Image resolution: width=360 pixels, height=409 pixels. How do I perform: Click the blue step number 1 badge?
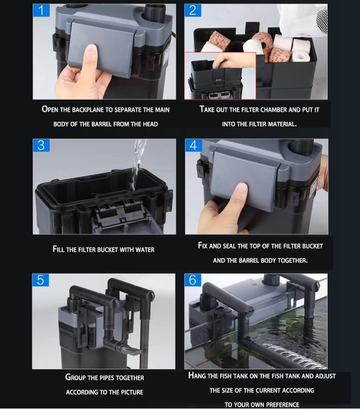[x=41, y=10]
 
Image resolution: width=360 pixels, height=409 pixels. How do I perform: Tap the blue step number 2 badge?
[x=193, y=10]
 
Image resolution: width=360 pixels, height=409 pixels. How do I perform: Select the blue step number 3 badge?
[x=41, y=145]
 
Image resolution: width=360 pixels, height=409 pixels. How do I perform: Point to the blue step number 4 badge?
[x=193, y=145]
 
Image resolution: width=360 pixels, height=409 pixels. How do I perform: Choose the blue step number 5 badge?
[x=41, y=280]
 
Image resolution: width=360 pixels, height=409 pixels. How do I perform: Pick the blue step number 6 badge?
[x=193, y=280]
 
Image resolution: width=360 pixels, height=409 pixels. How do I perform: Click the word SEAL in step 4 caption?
[x=229, y=246]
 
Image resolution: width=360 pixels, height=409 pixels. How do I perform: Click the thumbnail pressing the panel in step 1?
[x=91, y=51]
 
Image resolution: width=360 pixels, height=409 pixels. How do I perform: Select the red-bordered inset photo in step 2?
[x=220, y=76]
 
